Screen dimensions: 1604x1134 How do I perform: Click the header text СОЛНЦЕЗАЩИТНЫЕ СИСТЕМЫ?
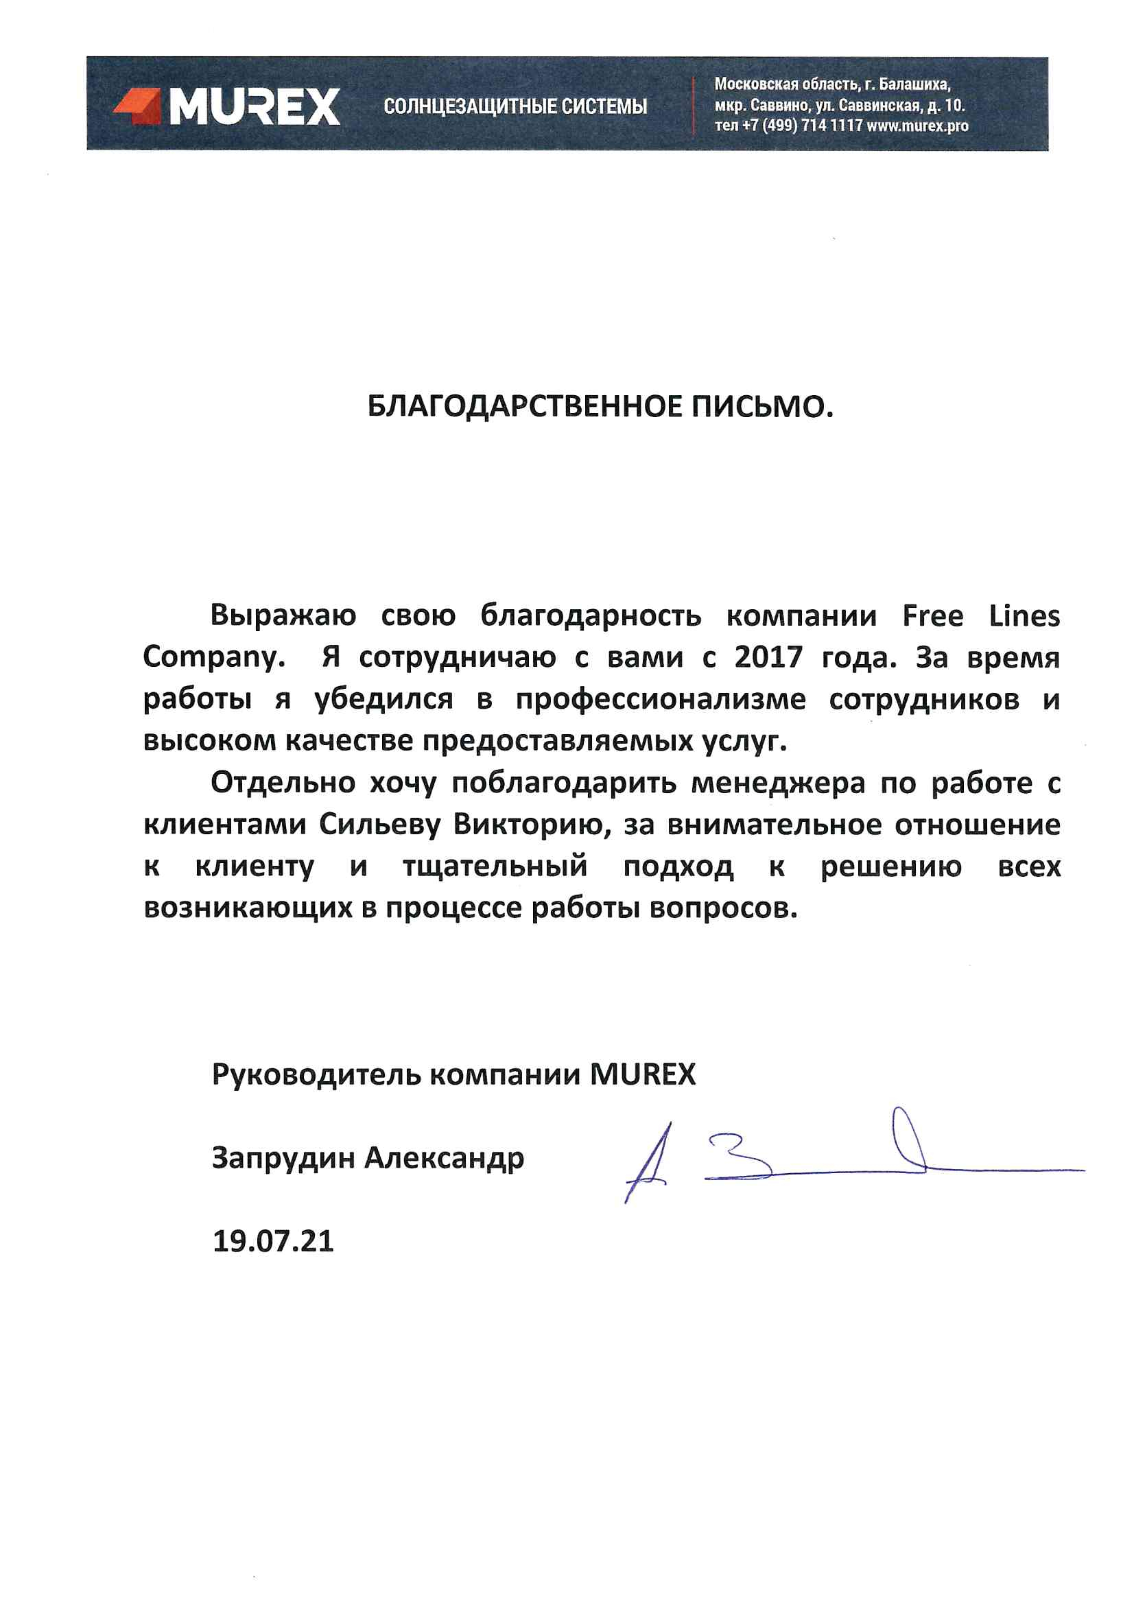515,107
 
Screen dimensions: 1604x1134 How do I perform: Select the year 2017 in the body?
768,657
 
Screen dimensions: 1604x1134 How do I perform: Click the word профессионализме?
661,700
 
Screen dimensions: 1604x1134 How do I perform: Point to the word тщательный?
495,866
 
